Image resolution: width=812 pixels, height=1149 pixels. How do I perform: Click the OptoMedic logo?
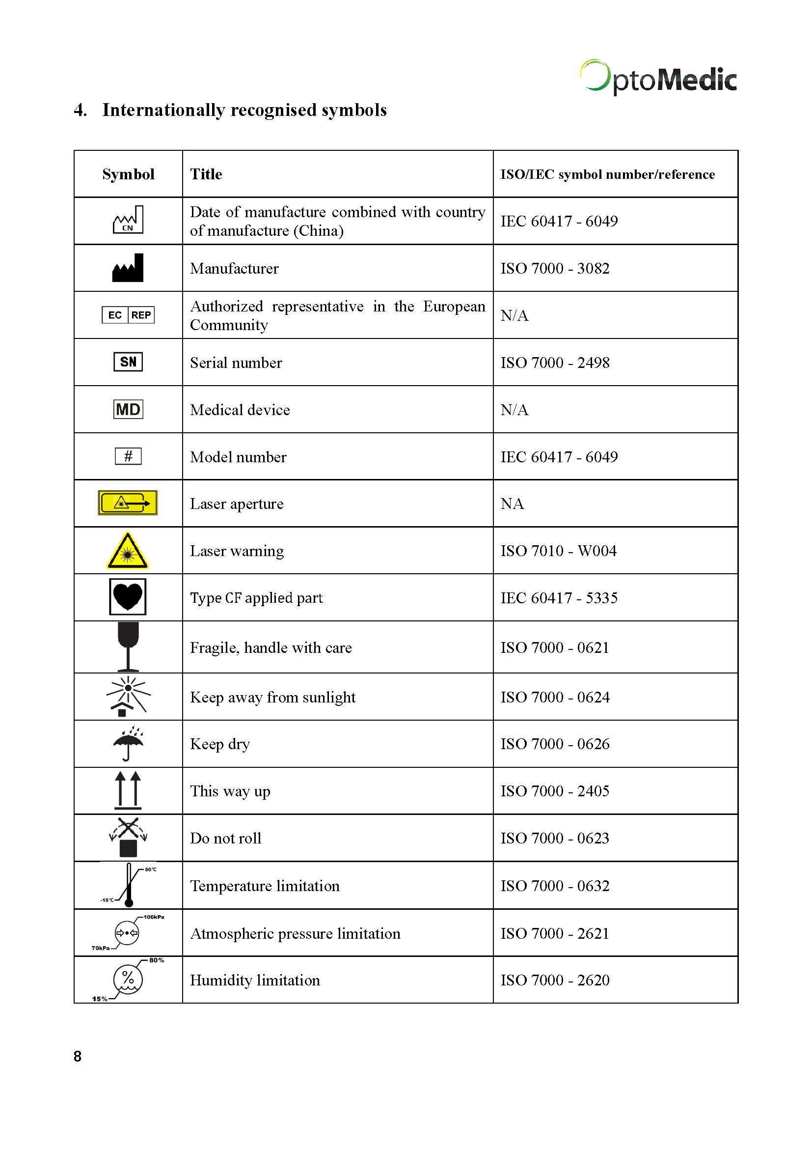(x=658, y=78)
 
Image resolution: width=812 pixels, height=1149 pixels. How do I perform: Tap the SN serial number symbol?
(x=128, y=362)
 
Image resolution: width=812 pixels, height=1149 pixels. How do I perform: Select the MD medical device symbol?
(x=128, y=409)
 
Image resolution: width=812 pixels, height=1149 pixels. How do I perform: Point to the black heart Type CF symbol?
(x=128, y=596)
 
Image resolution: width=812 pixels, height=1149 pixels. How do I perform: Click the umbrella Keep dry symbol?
(x=128, y=743)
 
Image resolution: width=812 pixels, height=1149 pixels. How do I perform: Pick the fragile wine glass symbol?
(x=128, y=646)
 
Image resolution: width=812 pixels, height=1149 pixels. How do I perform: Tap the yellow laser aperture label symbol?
(x=128, y=503)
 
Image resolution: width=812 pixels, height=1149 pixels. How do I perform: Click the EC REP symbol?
(x=128, y=315)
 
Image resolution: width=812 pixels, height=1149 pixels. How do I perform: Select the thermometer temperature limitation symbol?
(x=129, y=885)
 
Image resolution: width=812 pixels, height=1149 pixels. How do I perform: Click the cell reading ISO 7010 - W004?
(x=559, y=551)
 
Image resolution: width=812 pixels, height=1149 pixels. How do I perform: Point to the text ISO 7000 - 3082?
(x=555, y=269)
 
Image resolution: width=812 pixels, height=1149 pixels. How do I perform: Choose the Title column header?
(x=206, y=174)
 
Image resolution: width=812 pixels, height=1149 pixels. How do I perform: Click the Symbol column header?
(x=128, y=174)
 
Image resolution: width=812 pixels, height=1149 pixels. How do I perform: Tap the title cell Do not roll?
(x=225, y=838)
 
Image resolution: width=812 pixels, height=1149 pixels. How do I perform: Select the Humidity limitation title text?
(x=255, y=980)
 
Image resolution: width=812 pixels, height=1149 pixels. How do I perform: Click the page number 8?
(x=78, y=1057)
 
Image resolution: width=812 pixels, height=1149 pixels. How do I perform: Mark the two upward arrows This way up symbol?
(x=128, y=790)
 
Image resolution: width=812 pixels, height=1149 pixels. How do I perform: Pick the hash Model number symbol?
(x=128, y=456)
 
